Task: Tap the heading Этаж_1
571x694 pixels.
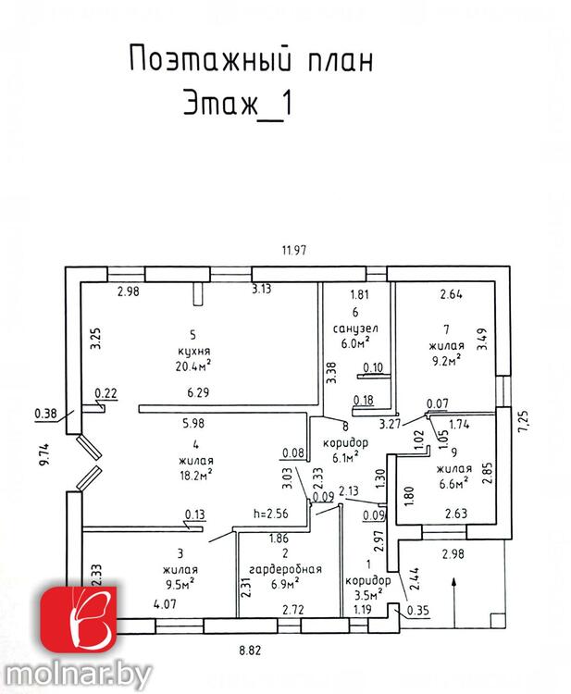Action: (235, 101)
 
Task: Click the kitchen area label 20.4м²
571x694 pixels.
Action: (191, 365)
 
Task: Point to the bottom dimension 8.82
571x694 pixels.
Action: (249, 651)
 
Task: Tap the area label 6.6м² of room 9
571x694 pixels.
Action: (451, 482)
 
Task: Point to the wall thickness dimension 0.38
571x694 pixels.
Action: (44, 414)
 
